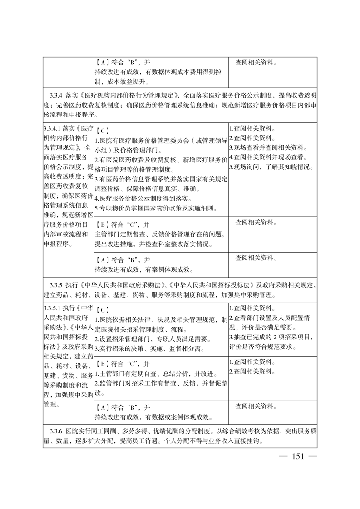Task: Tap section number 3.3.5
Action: pos(57,286)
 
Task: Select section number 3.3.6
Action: pos(57,429)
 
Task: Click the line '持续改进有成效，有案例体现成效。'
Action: pos(144,269)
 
